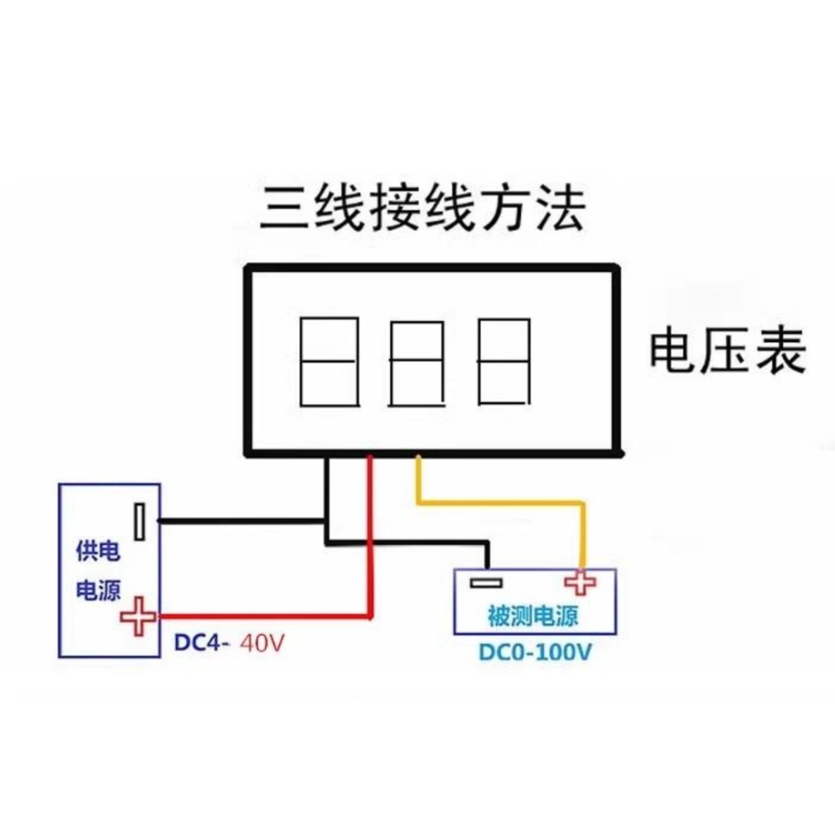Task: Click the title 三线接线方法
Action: [422, 210]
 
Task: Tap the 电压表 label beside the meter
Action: [727, 352]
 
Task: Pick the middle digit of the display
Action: [417, 364]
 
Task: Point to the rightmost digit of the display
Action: [503, 361]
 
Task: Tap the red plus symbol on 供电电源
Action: [138, 616]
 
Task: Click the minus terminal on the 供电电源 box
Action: [141, 520]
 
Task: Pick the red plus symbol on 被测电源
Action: [580, 582]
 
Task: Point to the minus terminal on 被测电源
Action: [486, 582]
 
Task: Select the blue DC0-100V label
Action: [535, 653]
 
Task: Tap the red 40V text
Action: [263, 643]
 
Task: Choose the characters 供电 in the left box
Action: [98, 552]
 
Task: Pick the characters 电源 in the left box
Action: [98, 591]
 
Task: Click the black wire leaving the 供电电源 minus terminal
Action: [245, 519]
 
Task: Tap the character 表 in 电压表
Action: [781, 352]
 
